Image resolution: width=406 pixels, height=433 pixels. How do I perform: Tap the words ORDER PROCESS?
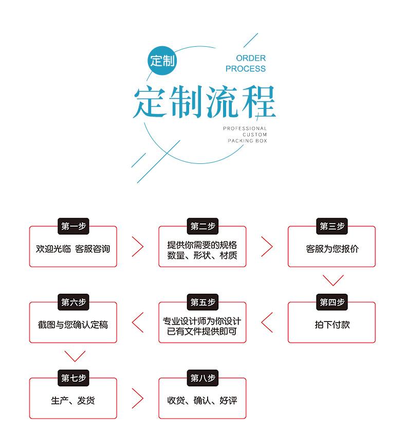245,63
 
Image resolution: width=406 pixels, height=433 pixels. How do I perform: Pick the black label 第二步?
202,226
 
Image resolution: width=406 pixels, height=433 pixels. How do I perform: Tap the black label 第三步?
332,226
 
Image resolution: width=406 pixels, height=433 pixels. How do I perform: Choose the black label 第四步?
332,302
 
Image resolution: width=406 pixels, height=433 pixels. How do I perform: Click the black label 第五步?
202,302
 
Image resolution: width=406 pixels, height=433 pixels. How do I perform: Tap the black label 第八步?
202,378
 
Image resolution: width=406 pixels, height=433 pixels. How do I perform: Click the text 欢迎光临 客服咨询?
72,249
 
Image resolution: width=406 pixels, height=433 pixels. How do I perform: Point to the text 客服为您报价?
332,249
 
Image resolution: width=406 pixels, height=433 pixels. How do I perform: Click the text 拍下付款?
332,325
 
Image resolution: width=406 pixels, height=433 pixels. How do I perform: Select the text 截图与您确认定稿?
72,325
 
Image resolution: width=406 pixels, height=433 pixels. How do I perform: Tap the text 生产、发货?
72,401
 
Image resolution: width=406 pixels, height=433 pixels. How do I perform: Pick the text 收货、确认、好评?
202,401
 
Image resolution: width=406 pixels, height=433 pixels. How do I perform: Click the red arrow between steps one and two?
138,247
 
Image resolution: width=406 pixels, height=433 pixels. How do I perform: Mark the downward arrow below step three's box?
333,280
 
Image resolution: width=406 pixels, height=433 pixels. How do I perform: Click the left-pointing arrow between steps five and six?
138,323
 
